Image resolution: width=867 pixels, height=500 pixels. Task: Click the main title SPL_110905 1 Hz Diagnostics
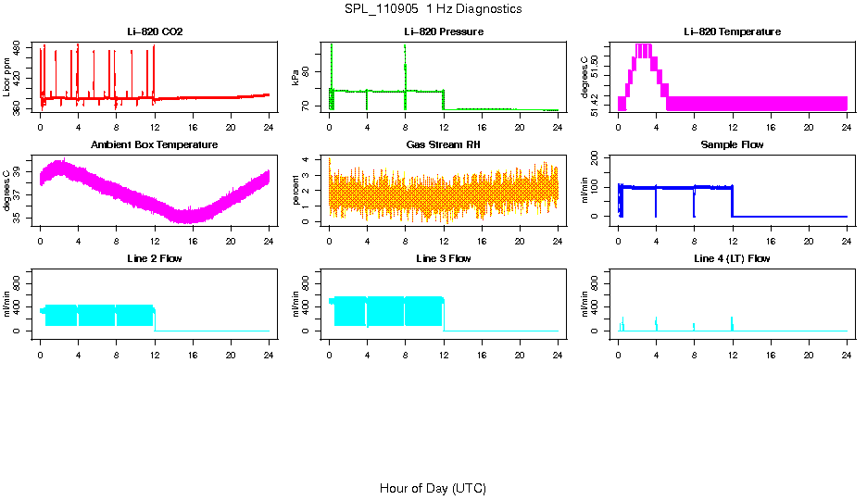pyautogui.click(x=433, y=8)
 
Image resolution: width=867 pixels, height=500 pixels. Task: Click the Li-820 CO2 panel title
pyautogui.click(x=155, y=31)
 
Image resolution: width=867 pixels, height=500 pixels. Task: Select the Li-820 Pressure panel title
pyautogui.click(x=443, y=31)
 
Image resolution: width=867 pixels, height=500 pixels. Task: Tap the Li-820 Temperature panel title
pyautogui.click(x=732, y=31)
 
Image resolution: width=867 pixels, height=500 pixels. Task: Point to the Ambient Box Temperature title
pyautogui.click(x=155, y=144)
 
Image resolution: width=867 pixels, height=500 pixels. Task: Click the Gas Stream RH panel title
pyautogui.click(x=443, y=144)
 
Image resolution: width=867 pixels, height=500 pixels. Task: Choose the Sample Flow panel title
pyautogui.click(x=732, y=144)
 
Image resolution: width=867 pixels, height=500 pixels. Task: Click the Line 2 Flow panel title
pyautogui.click(x=155, y=258)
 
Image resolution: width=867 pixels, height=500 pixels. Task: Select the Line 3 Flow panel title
pyautogui.click(x=443, y=258)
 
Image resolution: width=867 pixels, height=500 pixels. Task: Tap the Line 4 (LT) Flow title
pyautogui.click(x=732, y=258)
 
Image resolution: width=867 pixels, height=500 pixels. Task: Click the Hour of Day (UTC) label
pyautogui.click(x=433, y=488)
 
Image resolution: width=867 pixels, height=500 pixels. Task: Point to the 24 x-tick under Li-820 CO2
pyautogui.click(x=269, y=126)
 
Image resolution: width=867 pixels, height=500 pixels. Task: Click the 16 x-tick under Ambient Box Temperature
pyautogui.click(x=193, y=240)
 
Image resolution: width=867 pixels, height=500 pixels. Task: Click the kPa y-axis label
pyautogui.click(x=296, y=78)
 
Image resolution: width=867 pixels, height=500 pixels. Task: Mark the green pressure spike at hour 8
pyautogui.click(x=406, y=65)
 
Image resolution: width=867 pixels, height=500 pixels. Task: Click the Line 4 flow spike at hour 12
pyautogui.click(x=732, y=322)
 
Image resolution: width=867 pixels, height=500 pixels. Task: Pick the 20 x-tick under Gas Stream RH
pyautogui.click(x=520, y=240)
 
